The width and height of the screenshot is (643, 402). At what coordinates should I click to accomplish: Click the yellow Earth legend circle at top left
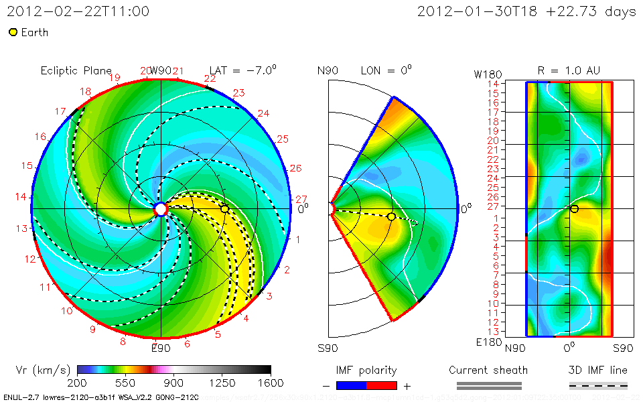(x=13, y=32)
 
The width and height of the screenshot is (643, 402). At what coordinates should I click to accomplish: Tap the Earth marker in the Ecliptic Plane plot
(x=224, y=209)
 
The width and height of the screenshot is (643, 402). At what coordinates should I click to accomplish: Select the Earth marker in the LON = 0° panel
(x=391, y=216)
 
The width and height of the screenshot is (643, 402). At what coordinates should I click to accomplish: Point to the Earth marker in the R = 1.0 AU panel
(x=574, y=209)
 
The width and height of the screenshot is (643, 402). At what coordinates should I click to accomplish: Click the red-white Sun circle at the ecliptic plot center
(x=161, y=209)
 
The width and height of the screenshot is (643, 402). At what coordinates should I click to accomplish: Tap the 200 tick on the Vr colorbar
(x=78, y=383)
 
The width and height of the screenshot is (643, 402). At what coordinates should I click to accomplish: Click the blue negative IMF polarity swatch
(x=352, y=385)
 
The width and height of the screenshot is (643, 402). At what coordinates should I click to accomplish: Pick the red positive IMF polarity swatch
(x=382, y=385)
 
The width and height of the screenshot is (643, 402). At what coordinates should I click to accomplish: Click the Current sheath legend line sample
(x=488, y=385)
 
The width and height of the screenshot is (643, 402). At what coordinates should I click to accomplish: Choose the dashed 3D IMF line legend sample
(x=598, y=385)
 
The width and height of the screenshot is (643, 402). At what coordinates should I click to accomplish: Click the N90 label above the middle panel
(x=328, y=70)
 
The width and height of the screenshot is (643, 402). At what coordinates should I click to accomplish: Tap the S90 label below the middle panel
(x=328, y=348)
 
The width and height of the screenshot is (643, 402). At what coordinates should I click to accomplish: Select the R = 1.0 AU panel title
(x=569, y=70)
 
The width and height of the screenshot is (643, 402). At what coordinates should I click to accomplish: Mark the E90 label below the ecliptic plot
(x=161, y=348)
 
